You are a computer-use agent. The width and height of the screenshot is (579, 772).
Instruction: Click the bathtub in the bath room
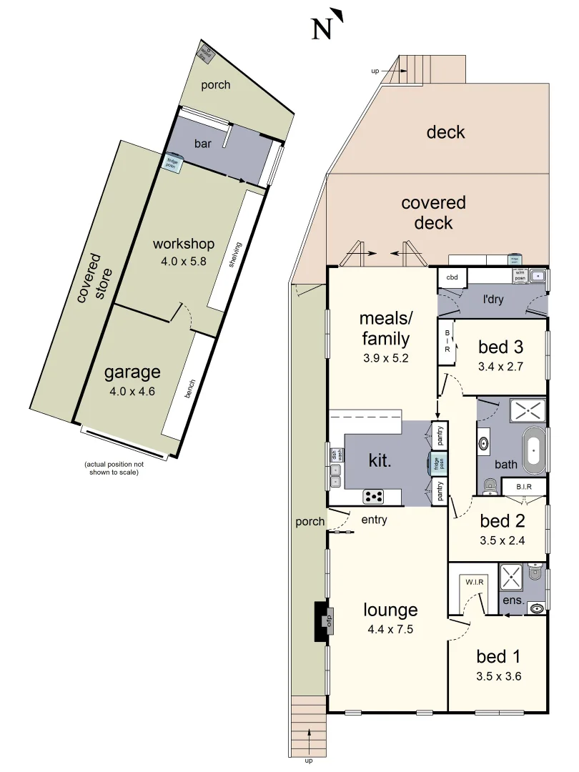pos(533,450)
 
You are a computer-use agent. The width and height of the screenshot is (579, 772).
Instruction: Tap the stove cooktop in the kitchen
pos(375,495)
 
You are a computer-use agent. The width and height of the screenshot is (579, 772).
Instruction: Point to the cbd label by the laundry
pos(452,277)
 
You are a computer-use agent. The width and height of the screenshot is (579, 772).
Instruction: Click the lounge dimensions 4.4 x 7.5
pos(390,630)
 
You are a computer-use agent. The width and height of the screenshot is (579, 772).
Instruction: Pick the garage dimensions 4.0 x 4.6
pos(132,391)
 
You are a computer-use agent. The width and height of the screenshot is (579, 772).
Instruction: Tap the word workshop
pos(184,244)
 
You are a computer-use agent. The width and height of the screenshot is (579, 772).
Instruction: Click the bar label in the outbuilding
pos(203,144)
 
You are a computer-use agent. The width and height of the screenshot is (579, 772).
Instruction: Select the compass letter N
pos(323,29)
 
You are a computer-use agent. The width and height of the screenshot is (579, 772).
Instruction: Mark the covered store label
pos(91,279)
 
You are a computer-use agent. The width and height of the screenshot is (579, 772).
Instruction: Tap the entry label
pos(375,520)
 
